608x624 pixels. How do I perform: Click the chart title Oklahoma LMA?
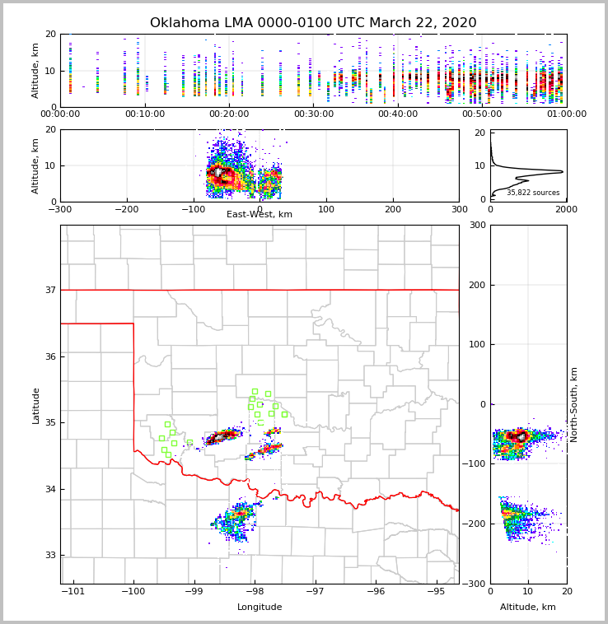[313, 23]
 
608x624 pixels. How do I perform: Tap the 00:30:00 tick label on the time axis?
[314, 114]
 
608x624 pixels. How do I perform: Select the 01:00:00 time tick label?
[566, 114]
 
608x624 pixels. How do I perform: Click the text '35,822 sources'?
[533, 193]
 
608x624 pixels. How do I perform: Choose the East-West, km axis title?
[260, 215]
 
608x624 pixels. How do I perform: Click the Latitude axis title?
[36, 405]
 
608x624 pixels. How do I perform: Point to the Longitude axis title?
[260, 608]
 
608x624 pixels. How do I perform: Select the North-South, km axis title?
[574, 404]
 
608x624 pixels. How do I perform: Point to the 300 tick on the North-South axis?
[477, 225]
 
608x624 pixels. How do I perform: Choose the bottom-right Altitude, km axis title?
[528, 608]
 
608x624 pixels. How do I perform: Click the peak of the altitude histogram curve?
[563, 171]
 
